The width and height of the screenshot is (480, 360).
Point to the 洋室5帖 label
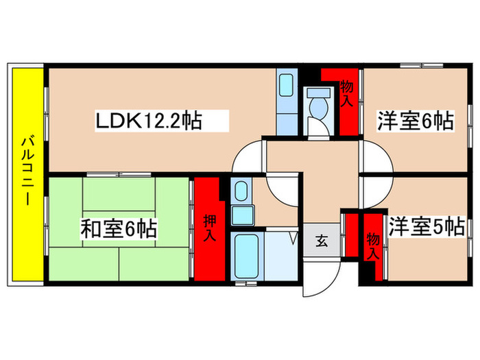[426, 226]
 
